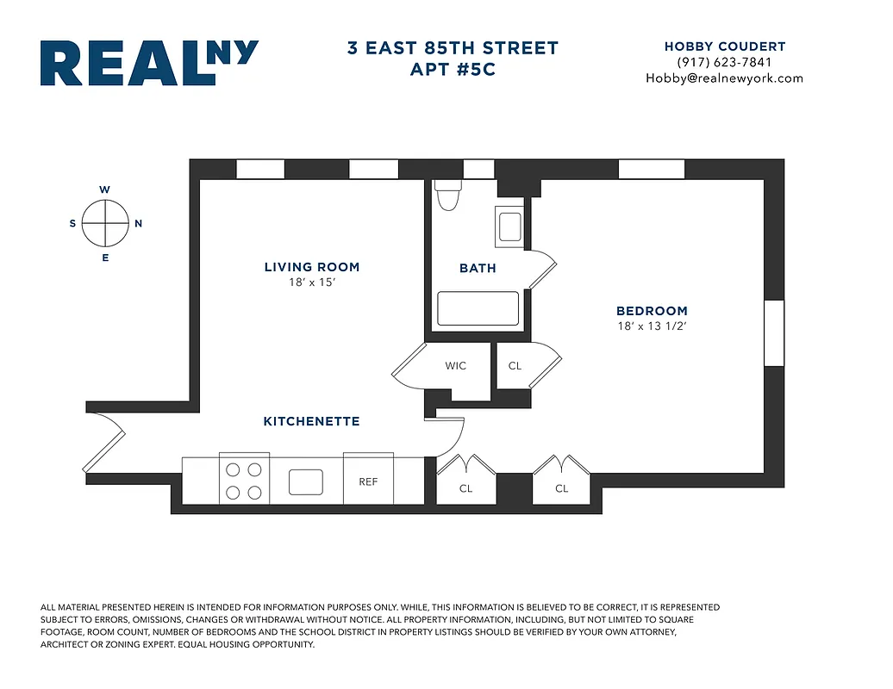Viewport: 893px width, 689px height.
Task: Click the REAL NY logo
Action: click(148, 63)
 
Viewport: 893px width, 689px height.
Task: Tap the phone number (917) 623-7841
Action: click(724, 62)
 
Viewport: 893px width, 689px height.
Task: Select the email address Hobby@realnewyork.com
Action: click(724, 78)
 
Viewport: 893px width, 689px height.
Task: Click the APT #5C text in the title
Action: click(453, 69)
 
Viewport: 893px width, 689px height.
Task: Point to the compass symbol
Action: click(105, 223)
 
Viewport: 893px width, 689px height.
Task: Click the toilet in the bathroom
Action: click(447, 196)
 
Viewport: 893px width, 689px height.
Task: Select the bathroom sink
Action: click(509, 226)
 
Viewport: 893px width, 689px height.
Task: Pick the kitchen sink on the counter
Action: click(305, 481)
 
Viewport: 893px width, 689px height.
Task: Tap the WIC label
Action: click(456, 366)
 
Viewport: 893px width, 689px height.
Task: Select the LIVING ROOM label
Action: click(312, 267)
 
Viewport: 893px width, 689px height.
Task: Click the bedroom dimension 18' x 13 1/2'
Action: click(652, 326)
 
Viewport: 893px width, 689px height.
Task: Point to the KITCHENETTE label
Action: click(311, 421)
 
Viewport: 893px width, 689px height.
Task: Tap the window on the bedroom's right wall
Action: click(774, 332)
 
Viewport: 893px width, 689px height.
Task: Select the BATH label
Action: click(478, 268)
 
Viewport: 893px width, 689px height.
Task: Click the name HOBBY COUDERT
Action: click(724, 47)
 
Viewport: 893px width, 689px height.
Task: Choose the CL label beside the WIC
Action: click(515, 366)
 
